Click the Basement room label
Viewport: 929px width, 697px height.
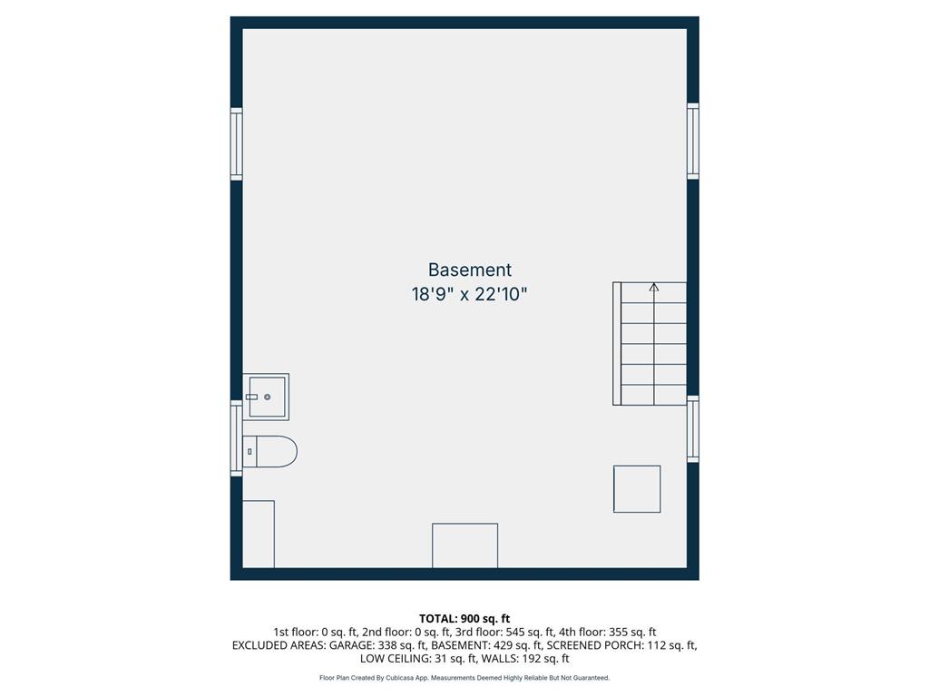tap(469, 270)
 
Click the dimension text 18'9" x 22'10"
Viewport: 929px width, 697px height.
tap(469, 295)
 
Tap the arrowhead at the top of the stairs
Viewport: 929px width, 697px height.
tap(654, 288)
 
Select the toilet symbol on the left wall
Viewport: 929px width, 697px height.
tap(270, 451)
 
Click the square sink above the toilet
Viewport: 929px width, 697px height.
tap(268, 397)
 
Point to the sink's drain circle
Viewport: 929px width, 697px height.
tap(268, 397)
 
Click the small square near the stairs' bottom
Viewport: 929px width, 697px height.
tap(637, 489)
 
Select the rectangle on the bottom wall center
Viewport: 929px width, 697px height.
tap(464, 545)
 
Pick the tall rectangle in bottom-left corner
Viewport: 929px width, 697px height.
tap(259, 534)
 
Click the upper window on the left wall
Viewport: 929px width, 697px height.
tap(237, 143)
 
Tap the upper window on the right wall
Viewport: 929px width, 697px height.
tap(693, 141)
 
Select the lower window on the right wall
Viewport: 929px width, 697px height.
tap(693, 428)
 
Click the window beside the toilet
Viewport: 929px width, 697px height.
tap(237, 439)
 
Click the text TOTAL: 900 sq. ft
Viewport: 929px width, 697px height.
tap(464, 619)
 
